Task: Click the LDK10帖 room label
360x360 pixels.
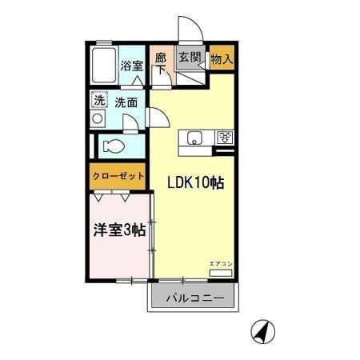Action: pyautogui.click(x=195, y=182)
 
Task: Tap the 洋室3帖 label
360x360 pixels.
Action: pyautogui.click(x=118, y=229)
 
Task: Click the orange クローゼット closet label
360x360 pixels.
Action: pyautogui.click(x=118, y=176)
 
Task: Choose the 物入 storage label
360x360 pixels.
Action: pyautogui.click(x=222, y=58)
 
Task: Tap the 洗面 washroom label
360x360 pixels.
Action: pyautogui.click(x=126, y=102)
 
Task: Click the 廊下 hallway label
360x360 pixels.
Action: pyautogui.click(x=160, y=63)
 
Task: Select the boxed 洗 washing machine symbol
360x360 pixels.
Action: pyautogui.click(x=99, y=101)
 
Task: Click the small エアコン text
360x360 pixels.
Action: pyautogui.click(x=221, y=264)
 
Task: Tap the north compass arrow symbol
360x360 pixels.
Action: pyautogui.click(x=261, y=330)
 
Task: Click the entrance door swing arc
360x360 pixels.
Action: pyautogui.click(x=191, y=30)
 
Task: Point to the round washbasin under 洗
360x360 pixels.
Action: pyautogui.click(x=98, y=119)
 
